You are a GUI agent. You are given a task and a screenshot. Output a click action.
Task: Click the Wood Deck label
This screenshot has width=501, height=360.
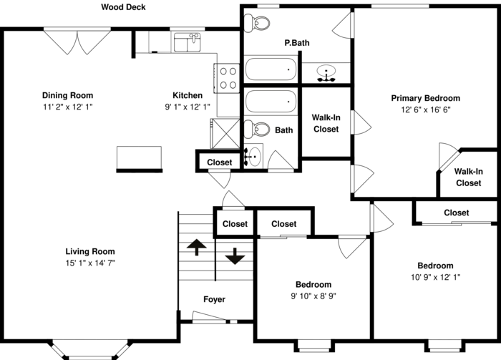click(123, 8)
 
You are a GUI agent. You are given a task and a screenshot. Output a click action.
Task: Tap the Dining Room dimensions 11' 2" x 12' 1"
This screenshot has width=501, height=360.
click(67, 107)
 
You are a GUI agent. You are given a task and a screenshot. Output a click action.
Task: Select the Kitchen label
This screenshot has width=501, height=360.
click(188, 95)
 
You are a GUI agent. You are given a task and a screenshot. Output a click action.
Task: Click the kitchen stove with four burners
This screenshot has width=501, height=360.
click(228, 77)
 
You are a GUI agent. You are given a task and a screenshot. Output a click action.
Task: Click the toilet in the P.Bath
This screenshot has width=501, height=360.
click(256, 24)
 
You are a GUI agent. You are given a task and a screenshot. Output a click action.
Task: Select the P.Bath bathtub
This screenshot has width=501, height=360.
click(271, 71)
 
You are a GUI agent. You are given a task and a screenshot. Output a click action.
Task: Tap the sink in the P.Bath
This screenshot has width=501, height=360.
click(327, 73)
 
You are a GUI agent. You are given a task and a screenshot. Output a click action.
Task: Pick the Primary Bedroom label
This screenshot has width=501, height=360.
click(425, 98)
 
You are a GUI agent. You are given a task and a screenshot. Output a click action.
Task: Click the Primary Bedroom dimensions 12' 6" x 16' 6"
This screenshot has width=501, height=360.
click(425, 110)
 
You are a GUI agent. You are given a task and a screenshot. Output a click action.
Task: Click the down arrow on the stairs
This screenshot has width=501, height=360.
click(235, 256)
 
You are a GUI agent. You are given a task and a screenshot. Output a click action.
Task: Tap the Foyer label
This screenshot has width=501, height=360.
click(214, 299)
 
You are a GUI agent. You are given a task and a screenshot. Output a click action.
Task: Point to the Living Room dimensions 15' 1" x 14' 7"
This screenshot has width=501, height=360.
click(90, 263)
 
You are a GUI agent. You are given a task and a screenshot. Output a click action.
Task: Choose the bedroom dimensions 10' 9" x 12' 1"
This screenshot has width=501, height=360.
click(435, 277)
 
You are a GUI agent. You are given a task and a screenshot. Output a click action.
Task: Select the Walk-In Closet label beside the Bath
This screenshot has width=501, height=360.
click(325, 124)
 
